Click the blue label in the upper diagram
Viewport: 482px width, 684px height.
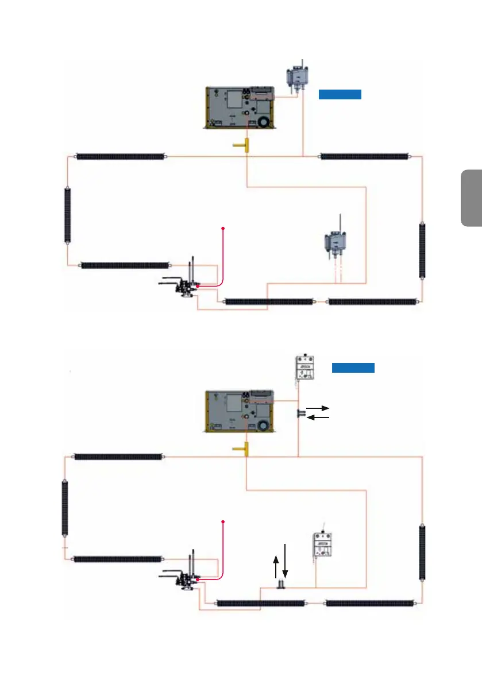(x=340, y=95)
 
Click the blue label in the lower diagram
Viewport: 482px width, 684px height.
(x=353, y=368)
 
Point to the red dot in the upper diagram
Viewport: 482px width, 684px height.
(x=223, y=229)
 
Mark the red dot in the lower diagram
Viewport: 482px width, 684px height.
(x=223, y=521)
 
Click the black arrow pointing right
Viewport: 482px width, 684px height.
(x=318, y=407)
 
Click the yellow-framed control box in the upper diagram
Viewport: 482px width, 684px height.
(x=240, y=107)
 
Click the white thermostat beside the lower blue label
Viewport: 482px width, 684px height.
(x=306, y=368)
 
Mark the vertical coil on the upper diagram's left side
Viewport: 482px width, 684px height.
(x=67, y=215)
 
